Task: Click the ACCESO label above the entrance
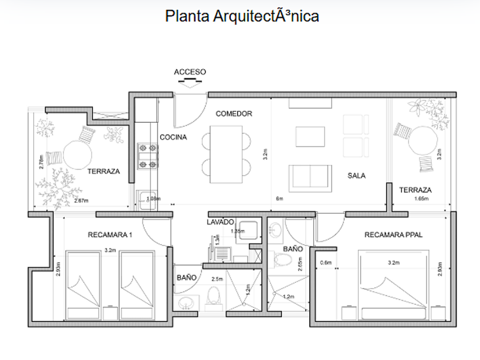pyautogui.click(x=190, y=72)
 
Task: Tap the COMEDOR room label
pyautogui.click(x=234, y=114)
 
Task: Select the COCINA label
pyautogui.click(x=173, y=137)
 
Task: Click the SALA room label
pyautogui.click(x=356, y=175)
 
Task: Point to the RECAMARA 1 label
pyautogui.click(x=110, y=234)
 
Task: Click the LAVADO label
pyautogui.click(x=220, y=222)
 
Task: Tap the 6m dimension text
pyautogui.click(x=280, y=199)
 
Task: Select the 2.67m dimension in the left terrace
pyautogui.click(x=81, y=201)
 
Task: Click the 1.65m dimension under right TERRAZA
pyautogui.click(x=422, y=199)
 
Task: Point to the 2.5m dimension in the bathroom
pyautogui.click(x=217, y=279)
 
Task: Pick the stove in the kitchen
pyautogui.click(x=147, y=157)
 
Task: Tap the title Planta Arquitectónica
pyautogui.click(x=242, y=16)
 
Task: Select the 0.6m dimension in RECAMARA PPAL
pyautogui.click(x=326, y=263)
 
